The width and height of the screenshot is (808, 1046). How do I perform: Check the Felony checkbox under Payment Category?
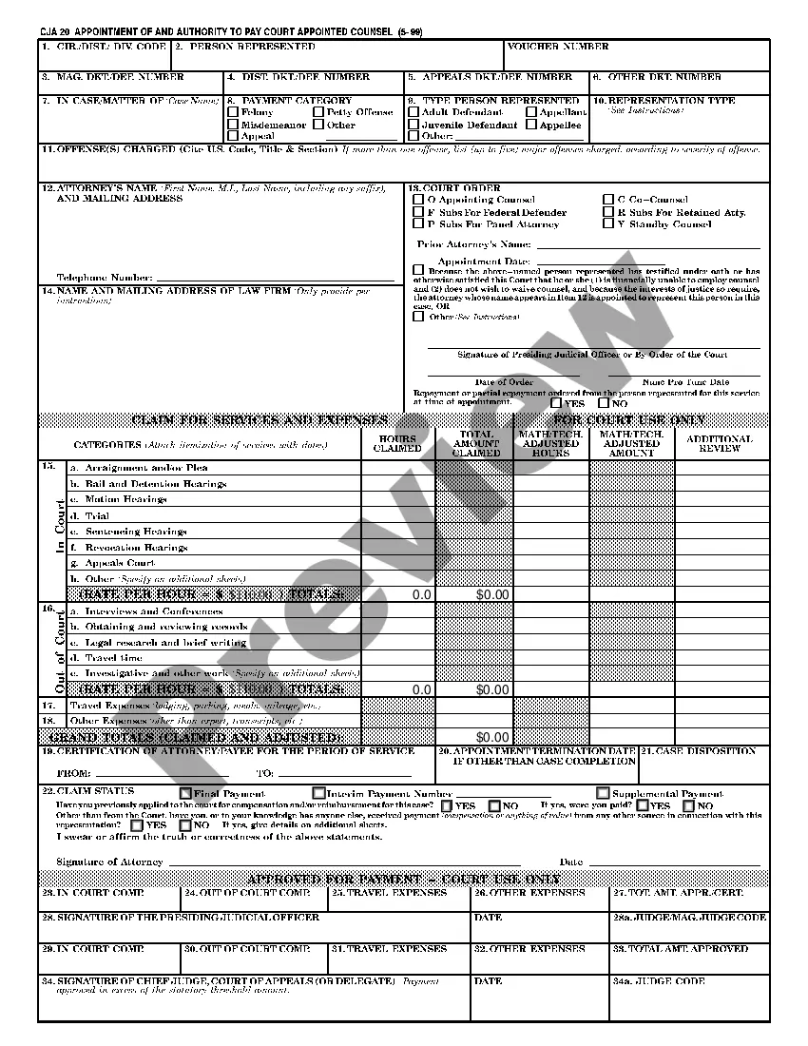point(233,112)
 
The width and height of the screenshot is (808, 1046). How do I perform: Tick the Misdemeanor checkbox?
point(233,125)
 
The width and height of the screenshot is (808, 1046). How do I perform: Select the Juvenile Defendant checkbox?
point(414,125)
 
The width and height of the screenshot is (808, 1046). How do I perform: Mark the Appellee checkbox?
point(532,125)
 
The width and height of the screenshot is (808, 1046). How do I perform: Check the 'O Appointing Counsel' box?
point(418,200)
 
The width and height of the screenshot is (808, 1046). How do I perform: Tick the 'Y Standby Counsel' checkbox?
point(608,224)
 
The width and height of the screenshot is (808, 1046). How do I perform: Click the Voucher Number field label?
point(559,47)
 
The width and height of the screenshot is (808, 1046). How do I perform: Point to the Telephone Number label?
point(105,278)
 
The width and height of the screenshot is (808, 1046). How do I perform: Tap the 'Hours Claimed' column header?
point(397,443)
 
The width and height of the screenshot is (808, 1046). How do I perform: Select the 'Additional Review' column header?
point(720,443)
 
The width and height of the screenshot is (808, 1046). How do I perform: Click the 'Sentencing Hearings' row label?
point(136,532)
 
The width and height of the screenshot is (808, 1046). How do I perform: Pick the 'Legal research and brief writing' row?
point(166,643)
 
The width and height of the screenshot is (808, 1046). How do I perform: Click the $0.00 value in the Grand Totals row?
point(492,737)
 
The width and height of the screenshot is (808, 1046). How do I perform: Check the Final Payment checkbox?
point(185,793)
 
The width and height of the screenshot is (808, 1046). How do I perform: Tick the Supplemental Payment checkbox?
point(604,793)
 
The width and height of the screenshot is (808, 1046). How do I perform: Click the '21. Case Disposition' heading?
point(702,751)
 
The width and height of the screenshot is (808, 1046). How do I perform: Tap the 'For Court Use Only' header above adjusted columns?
point(629,420)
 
